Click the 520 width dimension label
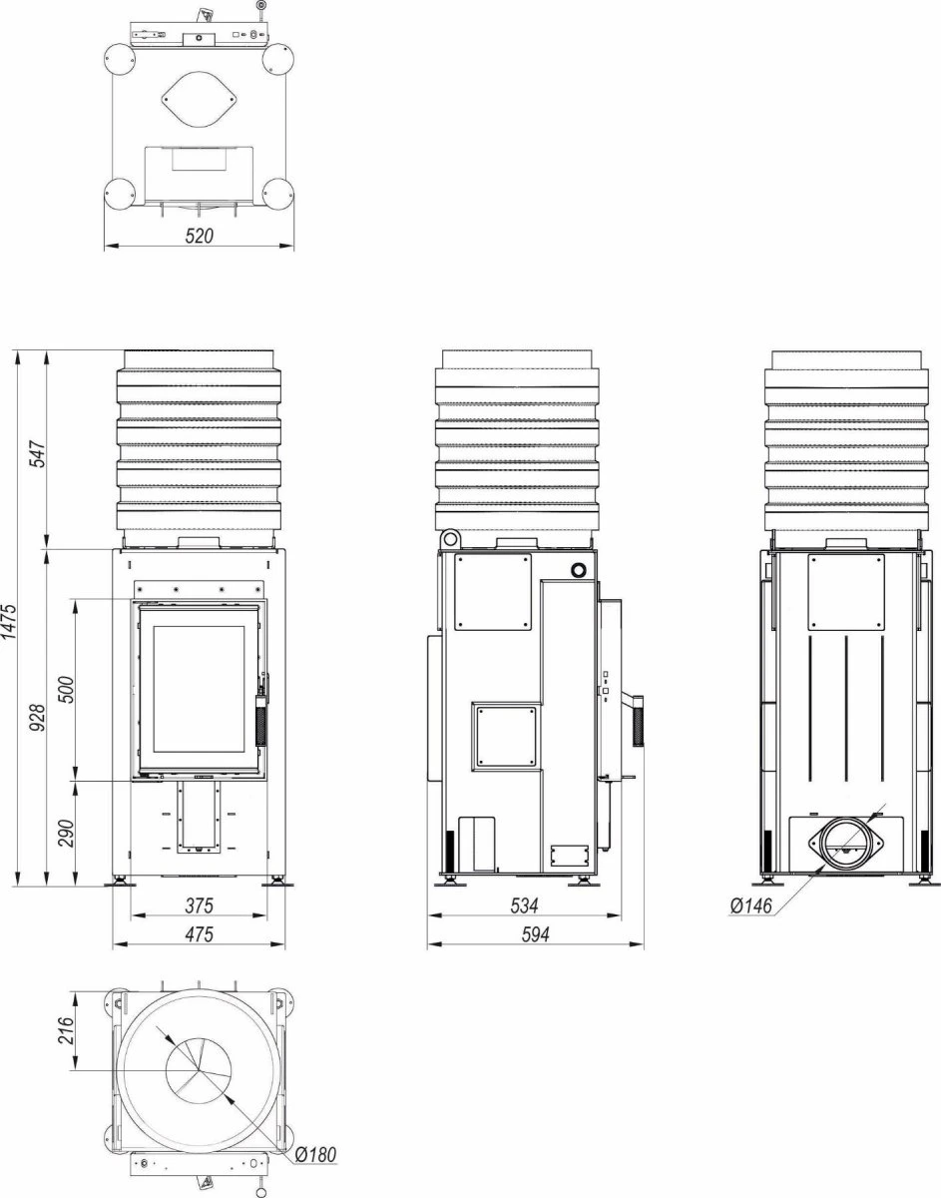(x=199, y=236)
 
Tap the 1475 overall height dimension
(x=9, y=622)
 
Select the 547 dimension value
(x=38, y=453)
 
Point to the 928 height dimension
(x=38, y=717)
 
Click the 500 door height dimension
(x=66, y=689)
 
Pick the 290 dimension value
(x=66, y=834)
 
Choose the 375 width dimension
(x=199, y=905)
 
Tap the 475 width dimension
(x=199, y=933)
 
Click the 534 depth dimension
(x=524, y=905)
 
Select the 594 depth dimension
(x=535, y=933)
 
